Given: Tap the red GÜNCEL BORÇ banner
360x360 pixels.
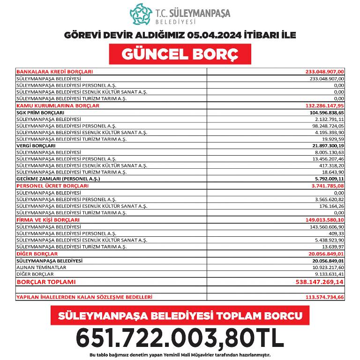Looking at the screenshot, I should pos(180,54).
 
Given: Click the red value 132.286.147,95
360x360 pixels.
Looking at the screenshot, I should pos(324,106).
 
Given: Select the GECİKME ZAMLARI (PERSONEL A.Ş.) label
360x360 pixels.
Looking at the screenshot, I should pos(59,179).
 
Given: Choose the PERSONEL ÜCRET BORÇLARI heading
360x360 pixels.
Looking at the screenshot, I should pos(52,186).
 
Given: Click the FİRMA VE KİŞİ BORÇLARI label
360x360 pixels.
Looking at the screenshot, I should pos(48,219).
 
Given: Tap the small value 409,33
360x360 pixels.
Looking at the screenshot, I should pos(336,233).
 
